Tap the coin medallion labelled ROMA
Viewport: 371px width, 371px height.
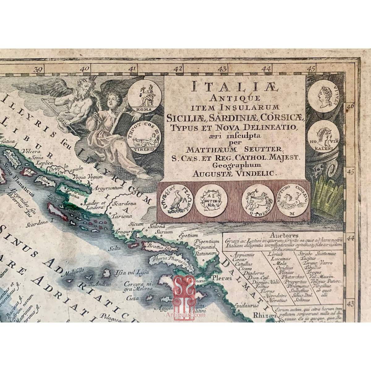click(x=144, y=96)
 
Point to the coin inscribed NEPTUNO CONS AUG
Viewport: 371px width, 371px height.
click(x=292, y=200)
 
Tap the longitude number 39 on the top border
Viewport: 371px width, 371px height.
click(x=39, y=70)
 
